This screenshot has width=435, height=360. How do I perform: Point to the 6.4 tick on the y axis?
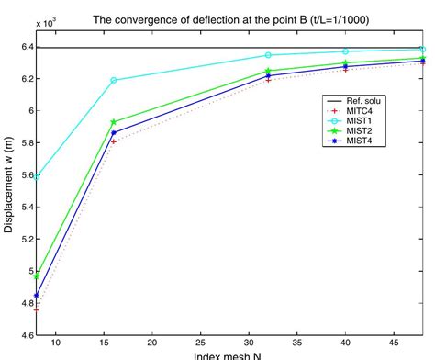(x=25, y=46)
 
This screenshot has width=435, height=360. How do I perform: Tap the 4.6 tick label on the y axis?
(x=25, y=335)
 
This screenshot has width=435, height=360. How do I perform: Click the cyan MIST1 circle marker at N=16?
(x=114, y=80)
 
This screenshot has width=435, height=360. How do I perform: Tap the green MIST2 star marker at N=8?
(x=37, y=275)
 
